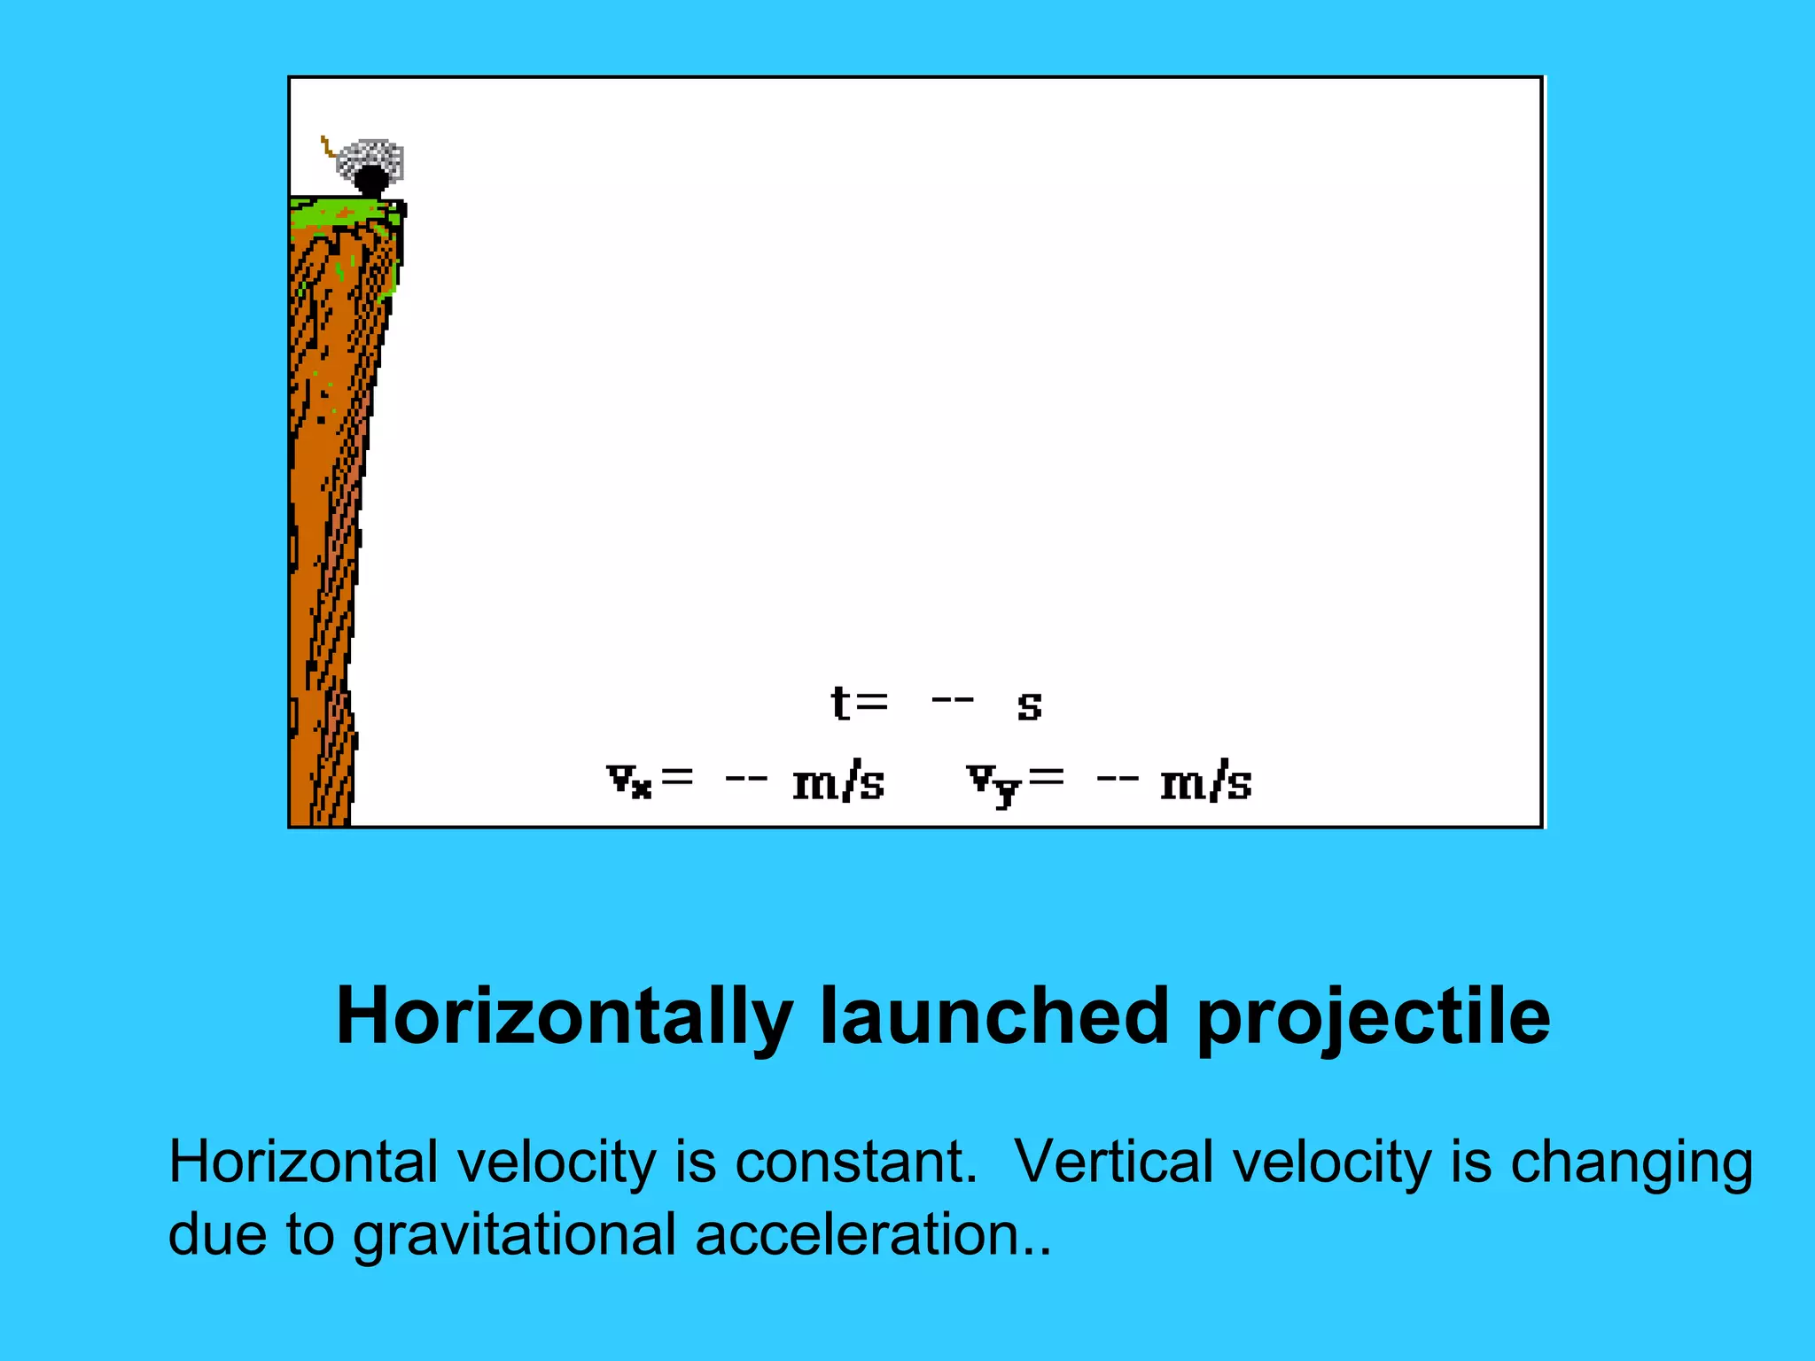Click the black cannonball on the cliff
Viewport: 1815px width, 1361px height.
[371, 181]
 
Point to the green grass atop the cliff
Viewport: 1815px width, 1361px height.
[346, 211]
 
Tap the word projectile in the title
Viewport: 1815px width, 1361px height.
[1373, 1018]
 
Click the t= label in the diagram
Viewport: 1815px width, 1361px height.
[859, 704]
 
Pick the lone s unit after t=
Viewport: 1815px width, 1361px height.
[1029, 706]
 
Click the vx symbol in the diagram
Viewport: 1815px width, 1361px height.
[630, 781]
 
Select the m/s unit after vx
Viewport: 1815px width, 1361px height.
[838, 782]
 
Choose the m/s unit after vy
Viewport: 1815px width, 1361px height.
[1206, 782]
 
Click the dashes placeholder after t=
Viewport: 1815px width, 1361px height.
[953, 701]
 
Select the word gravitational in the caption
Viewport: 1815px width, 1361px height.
[515, 1235]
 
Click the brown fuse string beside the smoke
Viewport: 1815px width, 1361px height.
[327, 146]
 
